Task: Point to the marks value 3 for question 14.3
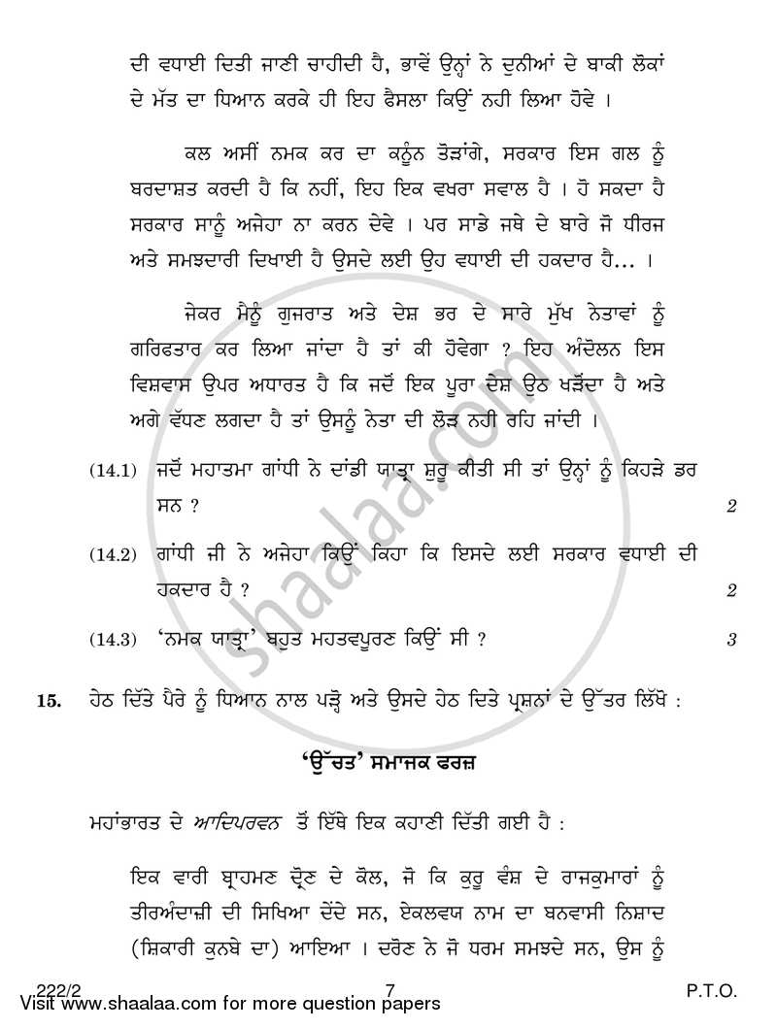click(x=730, y=639)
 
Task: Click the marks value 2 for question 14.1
click(x=730, y=506)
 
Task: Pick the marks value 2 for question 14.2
click(x=730, y=590)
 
